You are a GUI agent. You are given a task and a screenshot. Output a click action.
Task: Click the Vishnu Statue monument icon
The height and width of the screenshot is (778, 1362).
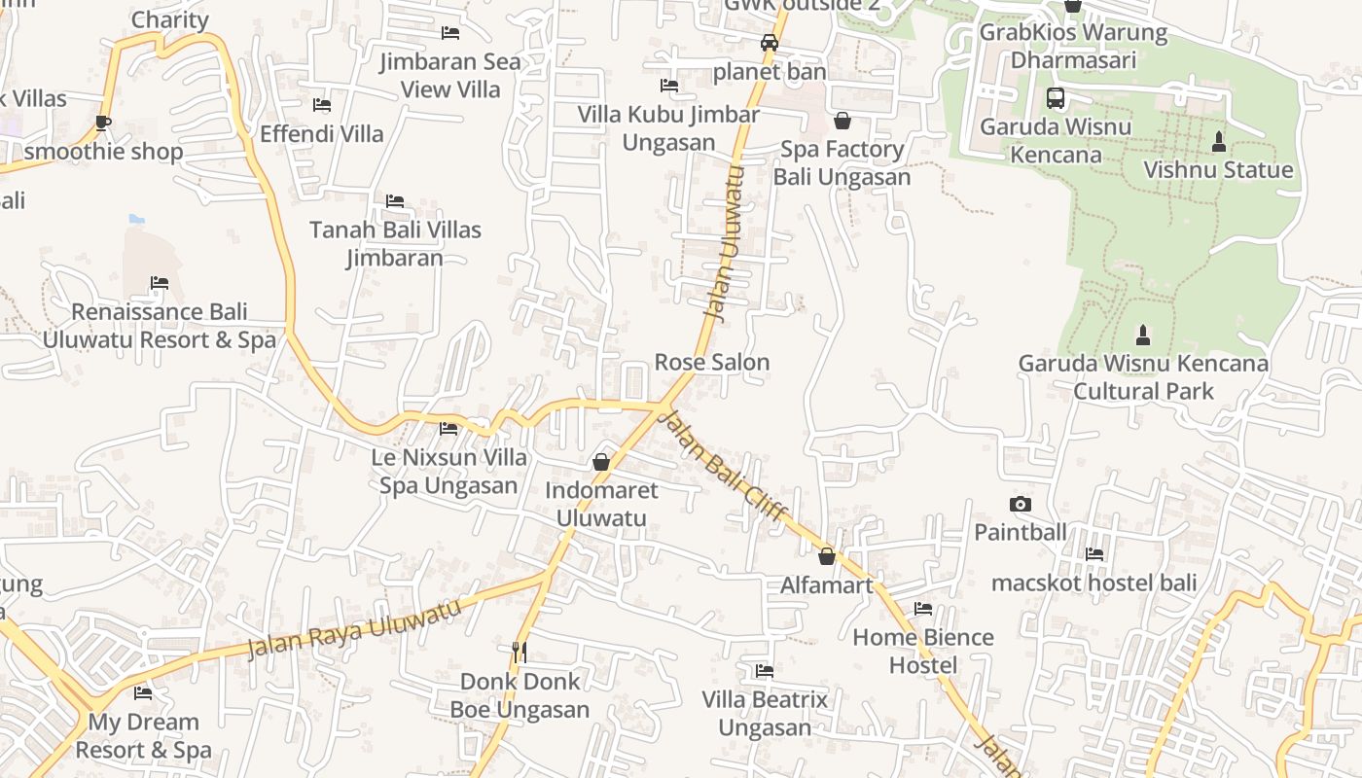pos(1218,142)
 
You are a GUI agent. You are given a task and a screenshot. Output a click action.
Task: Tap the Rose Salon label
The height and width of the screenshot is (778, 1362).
pos(712,363)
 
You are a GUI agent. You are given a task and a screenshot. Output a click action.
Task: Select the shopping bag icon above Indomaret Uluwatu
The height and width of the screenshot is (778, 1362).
pos(601,462)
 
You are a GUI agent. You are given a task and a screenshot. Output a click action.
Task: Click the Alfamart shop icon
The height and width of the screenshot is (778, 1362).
pos(827,556)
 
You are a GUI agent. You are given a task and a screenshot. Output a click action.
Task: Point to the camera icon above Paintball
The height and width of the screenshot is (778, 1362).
pos(1020,504)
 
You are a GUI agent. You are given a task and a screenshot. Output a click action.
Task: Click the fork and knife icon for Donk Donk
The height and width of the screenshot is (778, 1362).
pos(520,652)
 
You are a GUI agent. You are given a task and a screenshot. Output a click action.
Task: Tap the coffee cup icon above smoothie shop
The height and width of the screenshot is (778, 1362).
pos(103,123)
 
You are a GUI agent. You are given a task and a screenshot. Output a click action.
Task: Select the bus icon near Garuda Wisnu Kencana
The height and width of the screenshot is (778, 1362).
pos(1056,98)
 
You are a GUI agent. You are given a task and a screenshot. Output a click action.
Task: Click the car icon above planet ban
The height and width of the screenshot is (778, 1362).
pos(770,43)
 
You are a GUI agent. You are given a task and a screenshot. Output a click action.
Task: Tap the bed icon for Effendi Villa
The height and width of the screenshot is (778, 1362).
pos(322,105)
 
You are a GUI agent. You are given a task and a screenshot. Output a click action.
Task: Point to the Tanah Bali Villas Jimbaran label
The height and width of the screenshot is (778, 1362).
pos(395,244)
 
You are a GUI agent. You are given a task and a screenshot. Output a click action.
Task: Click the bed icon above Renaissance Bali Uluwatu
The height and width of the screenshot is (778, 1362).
pos(160,283)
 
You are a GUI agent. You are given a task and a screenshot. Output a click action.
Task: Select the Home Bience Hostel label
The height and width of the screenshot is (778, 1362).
pos(923,652)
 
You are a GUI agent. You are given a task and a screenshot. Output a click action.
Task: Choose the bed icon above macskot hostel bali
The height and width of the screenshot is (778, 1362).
pos(1094,554)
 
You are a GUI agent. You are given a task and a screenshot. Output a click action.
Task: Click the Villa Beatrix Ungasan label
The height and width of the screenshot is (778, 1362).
pos(765,714)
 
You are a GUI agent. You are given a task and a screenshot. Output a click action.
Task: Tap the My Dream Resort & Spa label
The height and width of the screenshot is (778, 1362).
pos(143,736)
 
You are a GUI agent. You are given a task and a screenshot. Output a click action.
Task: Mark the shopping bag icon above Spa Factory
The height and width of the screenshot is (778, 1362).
pos(842,121)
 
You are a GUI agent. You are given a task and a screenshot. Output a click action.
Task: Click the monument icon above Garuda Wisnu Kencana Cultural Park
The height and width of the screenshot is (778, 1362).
pos(1143,336)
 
